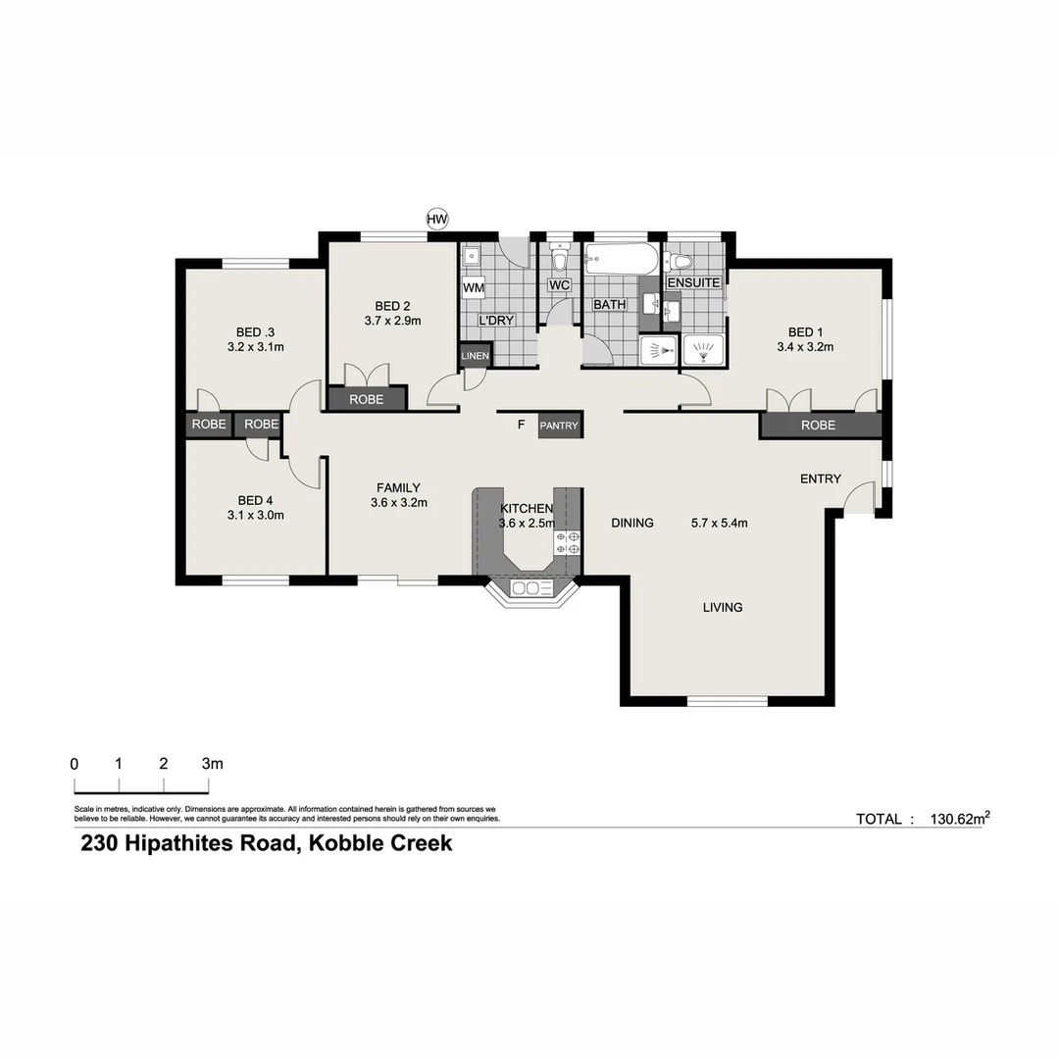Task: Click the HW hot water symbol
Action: click(x=437, y=220)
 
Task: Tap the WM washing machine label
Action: click(x=474, y=288)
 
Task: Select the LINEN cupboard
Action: click(x=476, y=356)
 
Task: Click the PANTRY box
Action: click(x=559, y=426)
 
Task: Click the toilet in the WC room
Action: click(x=559, y=260)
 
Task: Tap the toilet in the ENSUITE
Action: click(x=678, y=261)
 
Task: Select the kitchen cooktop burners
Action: click(x=568, y=543)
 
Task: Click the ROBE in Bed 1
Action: click(x=818, y=425)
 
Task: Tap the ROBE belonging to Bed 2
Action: click(x=366, y=400)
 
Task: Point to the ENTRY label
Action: click(x=820, y=479)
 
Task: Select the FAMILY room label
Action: click(x=398, y=487)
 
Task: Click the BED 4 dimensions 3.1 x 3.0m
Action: click(x=255, y=515)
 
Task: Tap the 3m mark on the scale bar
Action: click(x=211, y=763)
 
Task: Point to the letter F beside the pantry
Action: click(x=522, y=425)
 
